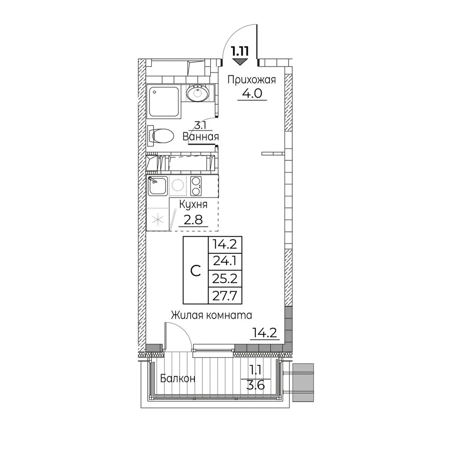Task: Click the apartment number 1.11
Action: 240,52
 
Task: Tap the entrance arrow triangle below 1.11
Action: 240,62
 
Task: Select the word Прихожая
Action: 251,80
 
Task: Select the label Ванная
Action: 201,136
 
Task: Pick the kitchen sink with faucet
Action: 158,186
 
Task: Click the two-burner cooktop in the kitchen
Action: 196,186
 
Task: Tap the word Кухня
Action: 193,205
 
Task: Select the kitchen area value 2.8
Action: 193,220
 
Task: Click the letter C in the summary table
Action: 196,271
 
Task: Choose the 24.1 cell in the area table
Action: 225,261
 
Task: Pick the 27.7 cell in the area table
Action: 225,295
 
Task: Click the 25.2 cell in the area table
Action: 225,279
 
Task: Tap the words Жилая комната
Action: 212,315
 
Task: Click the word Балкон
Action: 178,378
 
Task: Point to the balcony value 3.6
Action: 256,385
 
